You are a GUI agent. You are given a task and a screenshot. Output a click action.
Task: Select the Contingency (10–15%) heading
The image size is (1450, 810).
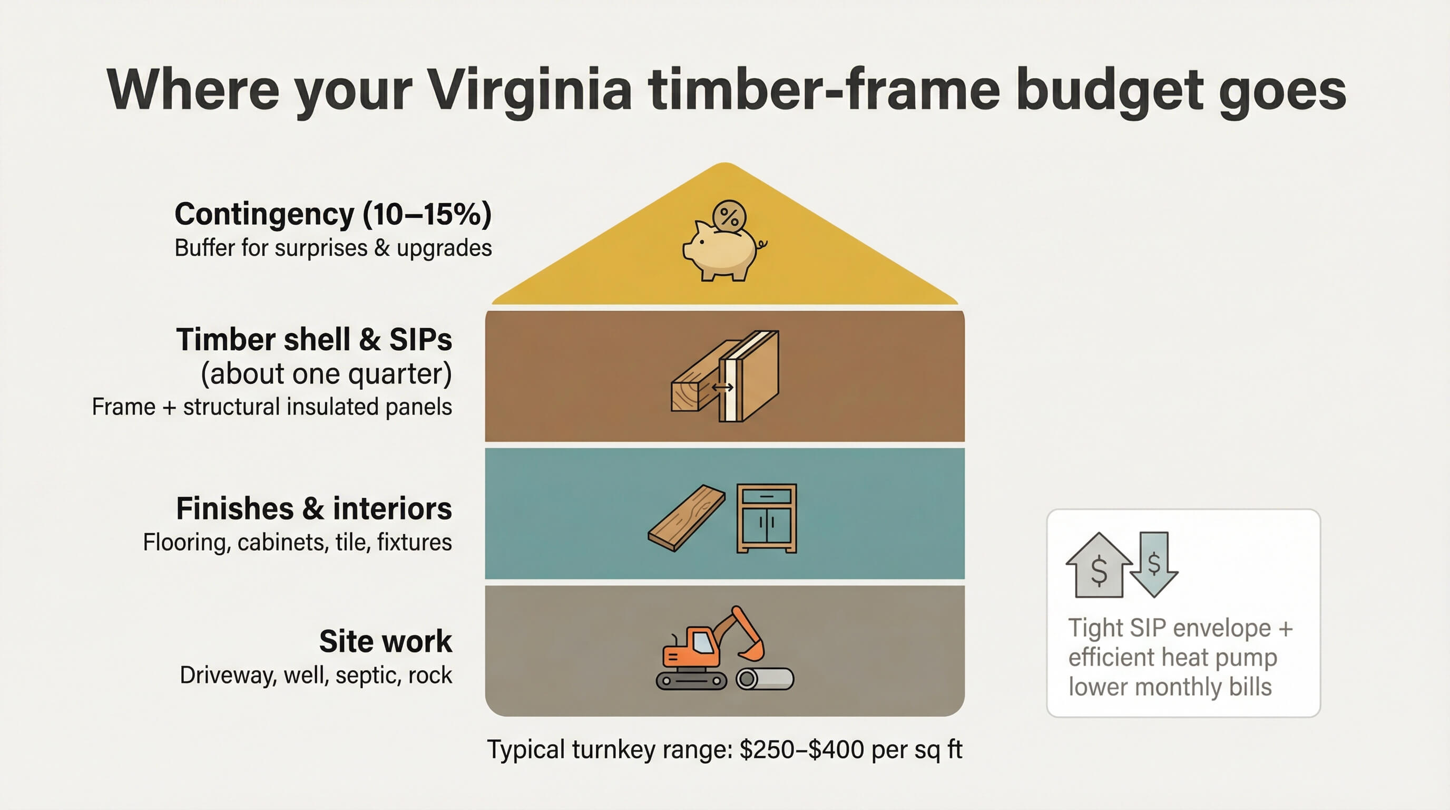(x=332, y=214)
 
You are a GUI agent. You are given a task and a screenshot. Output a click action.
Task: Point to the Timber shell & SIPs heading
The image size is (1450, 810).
(x=314, y=339)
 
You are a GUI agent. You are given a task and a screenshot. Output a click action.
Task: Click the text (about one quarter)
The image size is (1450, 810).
(x=327, y=373)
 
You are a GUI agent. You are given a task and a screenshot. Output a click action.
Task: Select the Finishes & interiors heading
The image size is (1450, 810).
(x=314, y=509)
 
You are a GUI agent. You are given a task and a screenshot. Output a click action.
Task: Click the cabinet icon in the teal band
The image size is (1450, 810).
(x=767, y=518)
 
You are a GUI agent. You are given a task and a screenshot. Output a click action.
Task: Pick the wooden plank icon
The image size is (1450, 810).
(x=686, y=518)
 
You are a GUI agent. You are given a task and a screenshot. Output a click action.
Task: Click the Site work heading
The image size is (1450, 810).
(x=385, y=641)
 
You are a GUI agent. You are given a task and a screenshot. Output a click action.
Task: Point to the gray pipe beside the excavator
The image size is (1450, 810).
(x=766, y=679)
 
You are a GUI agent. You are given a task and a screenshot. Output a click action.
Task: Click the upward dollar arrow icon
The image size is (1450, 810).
(x=1098, y=566)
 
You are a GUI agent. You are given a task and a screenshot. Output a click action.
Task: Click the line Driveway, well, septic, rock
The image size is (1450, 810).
(x=316, y=675)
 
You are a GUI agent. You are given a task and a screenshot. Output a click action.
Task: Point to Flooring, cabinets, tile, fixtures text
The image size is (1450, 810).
(x=297, y=542)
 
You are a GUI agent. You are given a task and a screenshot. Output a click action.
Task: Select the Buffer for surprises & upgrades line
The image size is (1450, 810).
(x=332, y=248)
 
